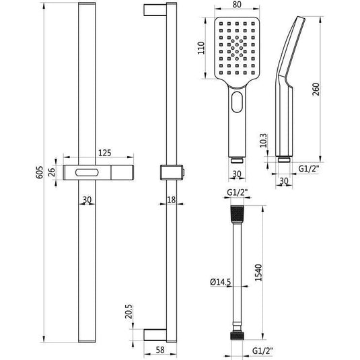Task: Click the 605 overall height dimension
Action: click(40, 172)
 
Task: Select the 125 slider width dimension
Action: click(105, 153)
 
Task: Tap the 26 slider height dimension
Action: click(52, 172)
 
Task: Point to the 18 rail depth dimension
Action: click(172, 200)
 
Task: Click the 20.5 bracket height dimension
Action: click(129, 312)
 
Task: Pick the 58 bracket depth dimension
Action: click(160, 350)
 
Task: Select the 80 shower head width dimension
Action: click(237, 4)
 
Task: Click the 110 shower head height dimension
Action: click(201, 48)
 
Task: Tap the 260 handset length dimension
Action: click(316, 89)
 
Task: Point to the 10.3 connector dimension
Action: click(264, 140)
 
